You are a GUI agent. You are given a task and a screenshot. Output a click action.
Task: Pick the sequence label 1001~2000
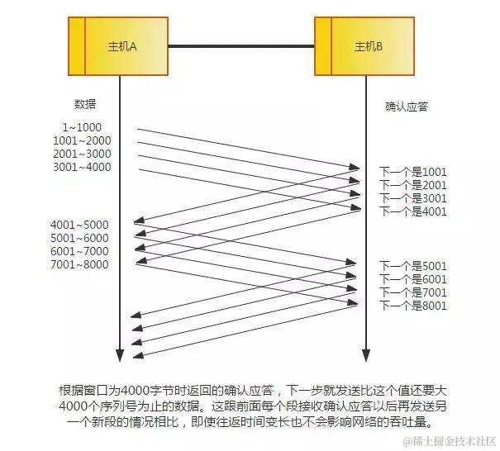(x=81, y=140)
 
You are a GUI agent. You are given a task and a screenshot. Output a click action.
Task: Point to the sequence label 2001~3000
(x=81, y=154)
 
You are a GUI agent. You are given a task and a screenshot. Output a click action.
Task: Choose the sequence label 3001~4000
(x=81, y=167)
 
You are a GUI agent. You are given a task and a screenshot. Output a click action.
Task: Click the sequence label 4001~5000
(x=79, y=225)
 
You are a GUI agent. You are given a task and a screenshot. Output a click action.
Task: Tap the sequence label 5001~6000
(x=79, y=238)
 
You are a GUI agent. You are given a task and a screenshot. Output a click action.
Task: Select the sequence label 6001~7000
(x=79, y=251)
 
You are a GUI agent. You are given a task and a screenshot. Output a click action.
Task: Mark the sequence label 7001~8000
(x=79, y=264)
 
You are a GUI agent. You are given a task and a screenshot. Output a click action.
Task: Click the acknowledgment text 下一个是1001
(x=412, y=172)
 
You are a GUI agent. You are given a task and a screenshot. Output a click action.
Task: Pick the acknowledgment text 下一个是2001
(x=412, y=185)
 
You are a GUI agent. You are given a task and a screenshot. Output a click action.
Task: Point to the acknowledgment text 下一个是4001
(x=412, y=211)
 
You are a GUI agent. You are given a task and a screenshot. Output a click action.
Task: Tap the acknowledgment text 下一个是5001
(x=412, y=266)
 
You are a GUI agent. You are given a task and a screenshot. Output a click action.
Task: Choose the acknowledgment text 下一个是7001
(x=412, y=292)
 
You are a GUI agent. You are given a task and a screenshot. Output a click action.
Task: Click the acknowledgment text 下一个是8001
(x=412, y=306)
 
